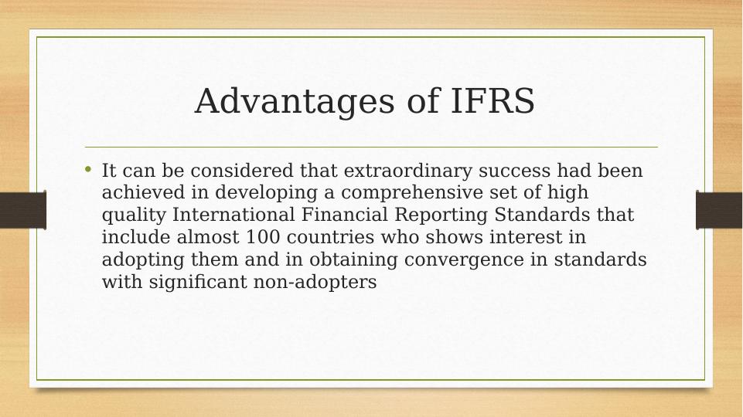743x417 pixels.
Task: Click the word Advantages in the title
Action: pos(295,101)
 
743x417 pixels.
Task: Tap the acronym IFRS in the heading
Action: pos(492,100)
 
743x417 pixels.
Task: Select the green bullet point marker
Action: pos(87,168)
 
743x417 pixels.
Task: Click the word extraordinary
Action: pos(408,171)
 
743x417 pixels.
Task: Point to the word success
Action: pos(515,171)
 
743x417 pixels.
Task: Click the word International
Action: pos(233,215)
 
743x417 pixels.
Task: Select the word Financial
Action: pos(345,215)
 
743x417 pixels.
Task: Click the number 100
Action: pos(263,236)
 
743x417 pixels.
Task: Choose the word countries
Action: pos(331,236)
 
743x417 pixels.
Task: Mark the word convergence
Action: pos(464,260)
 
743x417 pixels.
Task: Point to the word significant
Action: pos(198,282)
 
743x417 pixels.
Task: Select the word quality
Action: pos(134,215)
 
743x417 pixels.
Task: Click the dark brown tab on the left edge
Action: pos(23,210)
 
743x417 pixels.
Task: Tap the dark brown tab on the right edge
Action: pos(719,210)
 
